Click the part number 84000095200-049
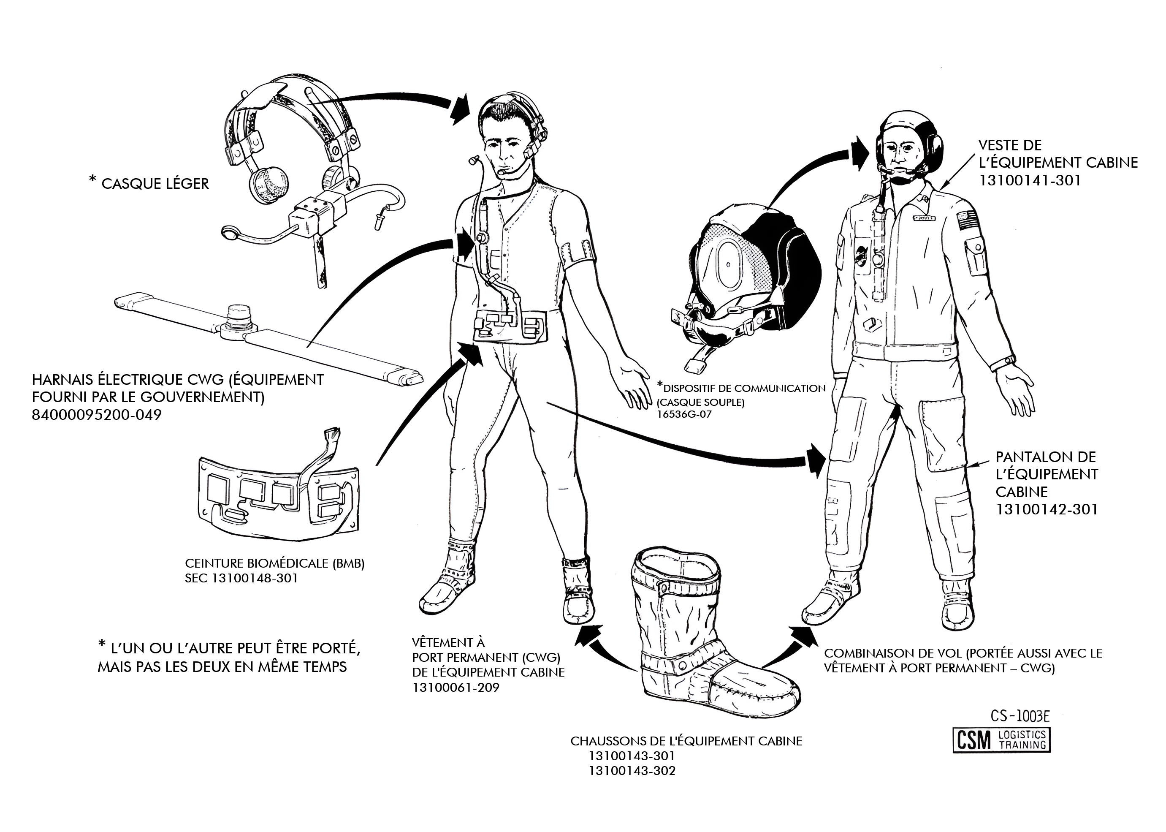tap(96, 414)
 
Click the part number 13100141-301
tap(1029, 180)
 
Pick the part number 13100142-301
tap(1047, 509)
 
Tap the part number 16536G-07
tap(684, 414)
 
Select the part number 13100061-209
tap(456, 687)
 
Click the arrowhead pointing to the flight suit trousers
tap(816, 461)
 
